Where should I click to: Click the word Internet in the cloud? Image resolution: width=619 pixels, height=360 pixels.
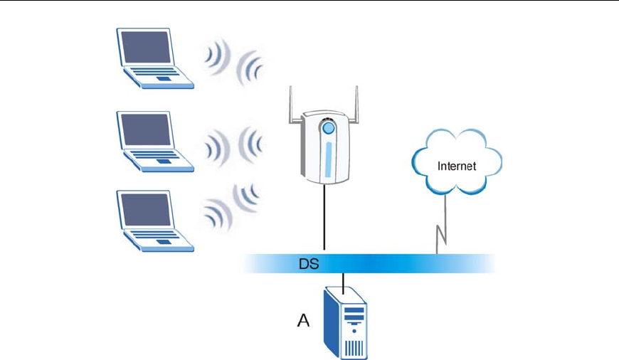pos(457,166)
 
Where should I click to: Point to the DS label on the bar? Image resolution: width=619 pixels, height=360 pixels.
pos(308,265)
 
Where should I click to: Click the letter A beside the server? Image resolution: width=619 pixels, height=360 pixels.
pos(303,321)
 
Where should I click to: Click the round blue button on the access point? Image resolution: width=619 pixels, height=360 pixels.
pos(328,129)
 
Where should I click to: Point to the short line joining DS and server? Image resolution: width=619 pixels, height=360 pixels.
pos(344,282)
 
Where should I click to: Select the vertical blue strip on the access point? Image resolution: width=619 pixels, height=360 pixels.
pos(328,161)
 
